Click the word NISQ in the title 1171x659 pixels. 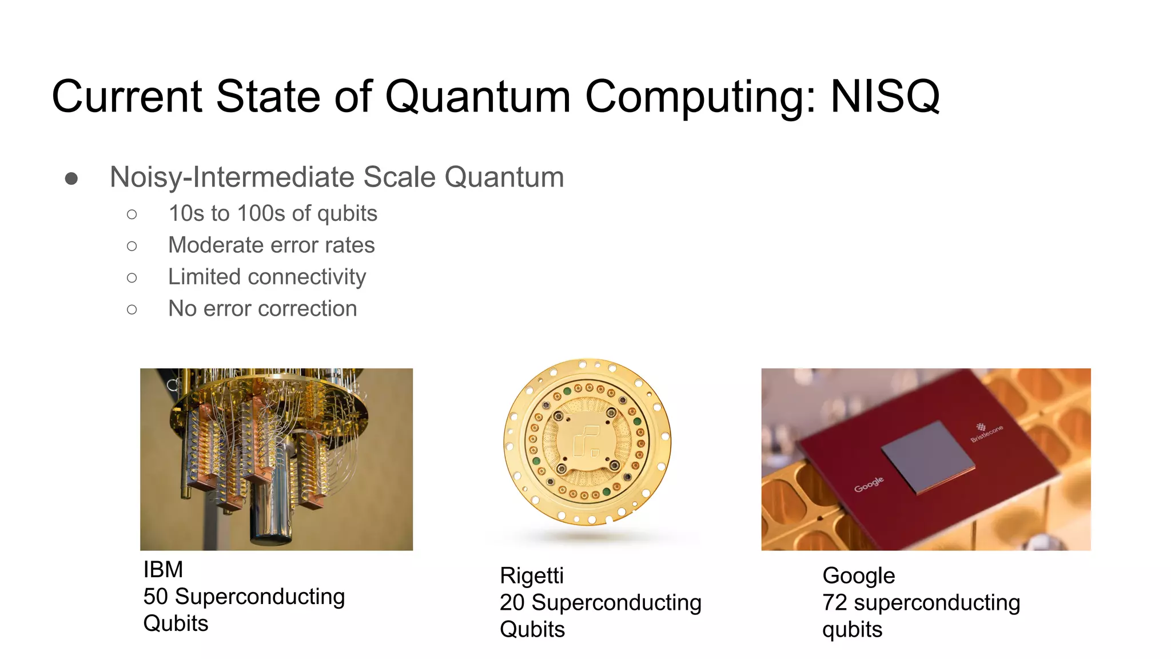tap(885, 97)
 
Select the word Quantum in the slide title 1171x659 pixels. tap(477, 97)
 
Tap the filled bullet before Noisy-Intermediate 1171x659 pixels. tap(71, 179)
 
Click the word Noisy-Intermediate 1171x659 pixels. tap(232, 177)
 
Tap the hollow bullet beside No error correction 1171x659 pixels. tap(132, 309)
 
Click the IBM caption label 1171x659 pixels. tap(163, 570)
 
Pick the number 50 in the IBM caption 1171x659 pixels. tap(156, 597)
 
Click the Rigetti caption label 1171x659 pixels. tap(531, 576)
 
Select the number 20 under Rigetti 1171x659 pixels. tap(512, 603)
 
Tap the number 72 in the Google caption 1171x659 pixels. tap(834, 603)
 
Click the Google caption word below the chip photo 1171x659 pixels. tap(858, 576)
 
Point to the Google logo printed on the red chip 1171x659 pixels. tap(869, 484)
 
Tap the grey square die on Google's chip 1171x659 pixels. tap(927, 457)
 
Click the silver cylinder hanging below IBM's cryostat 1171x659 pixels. tap(271, 509)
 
